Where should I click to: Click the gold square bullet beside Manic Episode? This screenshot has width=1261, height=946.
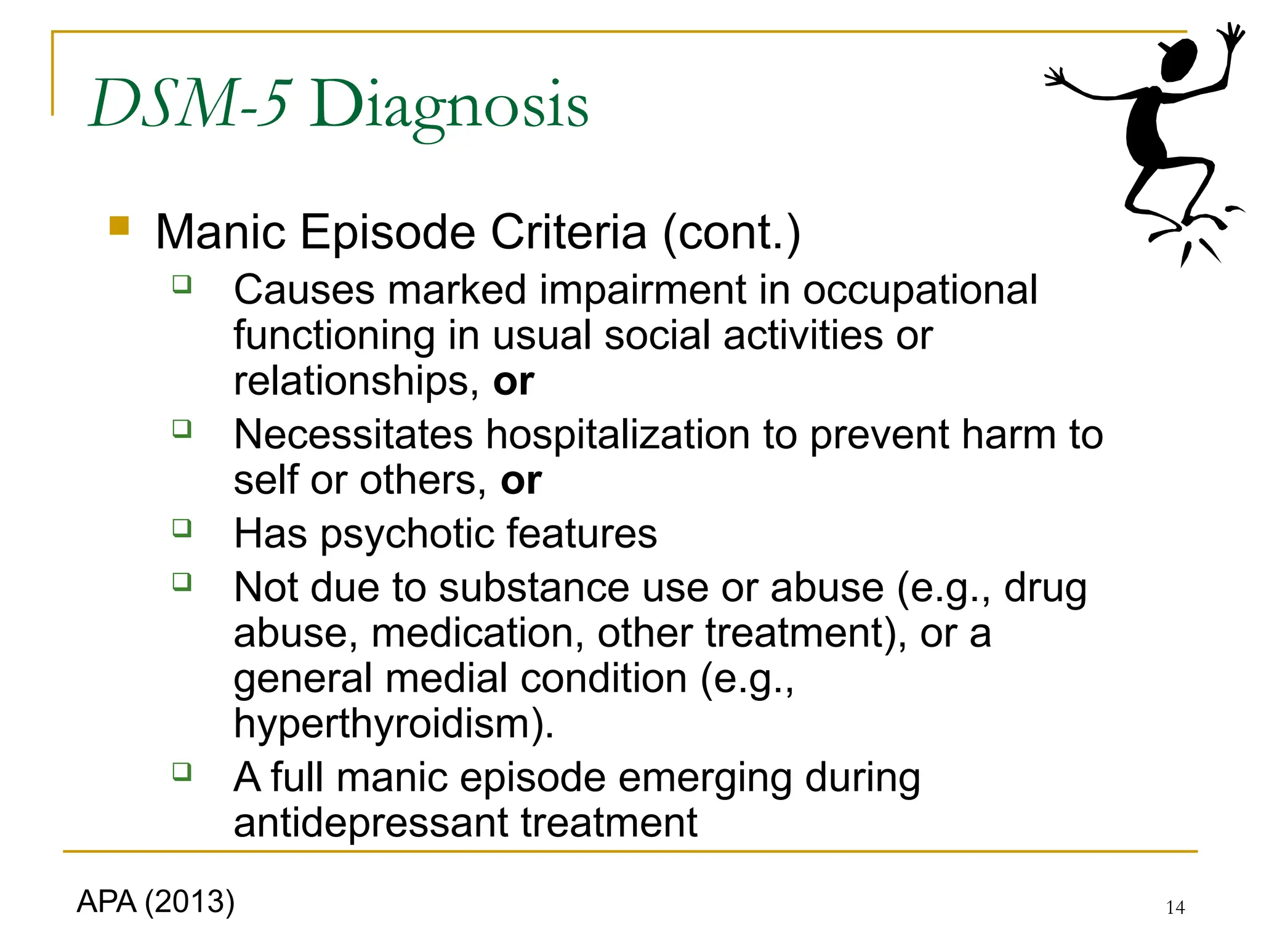119,225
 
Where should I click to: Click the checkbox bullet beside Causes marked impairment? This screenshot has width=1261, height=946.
182,285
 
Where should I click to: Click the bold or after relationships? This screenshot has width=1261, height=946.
514,381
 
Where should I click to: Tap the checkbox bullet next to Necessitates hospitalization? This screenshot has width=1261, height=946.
182,428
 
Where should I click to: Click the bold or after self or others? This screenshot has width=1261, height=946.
521,480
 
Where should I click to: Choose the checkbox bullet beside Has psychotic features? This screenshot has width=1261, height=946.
182,528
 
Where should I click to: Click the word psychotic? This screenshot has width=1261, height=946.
406,533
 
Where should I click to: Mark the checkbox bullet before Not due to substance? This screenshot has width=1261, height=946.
182,581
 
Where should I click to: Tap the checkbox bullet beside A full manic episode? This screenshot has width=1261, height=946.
182,771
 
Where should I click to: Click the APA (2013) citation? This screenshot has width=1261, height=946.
156,902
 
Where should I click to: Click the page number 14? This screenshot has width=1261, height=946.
1175,907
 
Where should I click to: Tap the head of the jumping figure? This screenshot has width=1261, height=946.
1178,60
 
